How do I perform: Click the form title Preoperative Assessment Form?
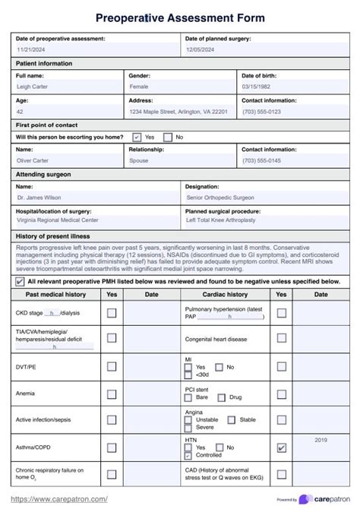180,17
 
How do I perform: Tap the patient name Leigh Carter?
35,87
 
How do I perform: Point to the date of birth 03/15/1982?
257,87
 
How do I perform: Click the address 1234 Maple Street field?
178,112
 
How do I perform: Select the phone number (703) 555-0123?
261,112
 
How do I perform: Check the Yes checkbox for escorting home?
137,137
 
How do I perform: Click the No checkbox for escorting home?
169,137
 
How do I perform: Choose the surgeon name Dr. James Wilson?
41,198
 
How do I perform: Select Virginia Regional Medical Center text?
58,220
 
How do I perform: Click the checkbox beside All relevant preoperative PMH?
20,281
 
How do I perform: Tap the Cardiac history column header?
225,294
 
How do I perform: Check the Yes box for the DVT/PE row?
112,366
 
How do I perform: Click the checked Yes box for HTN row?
282,448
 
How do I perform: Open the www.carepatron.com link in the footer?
58,499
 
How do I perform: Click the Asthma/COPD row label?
33,447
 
